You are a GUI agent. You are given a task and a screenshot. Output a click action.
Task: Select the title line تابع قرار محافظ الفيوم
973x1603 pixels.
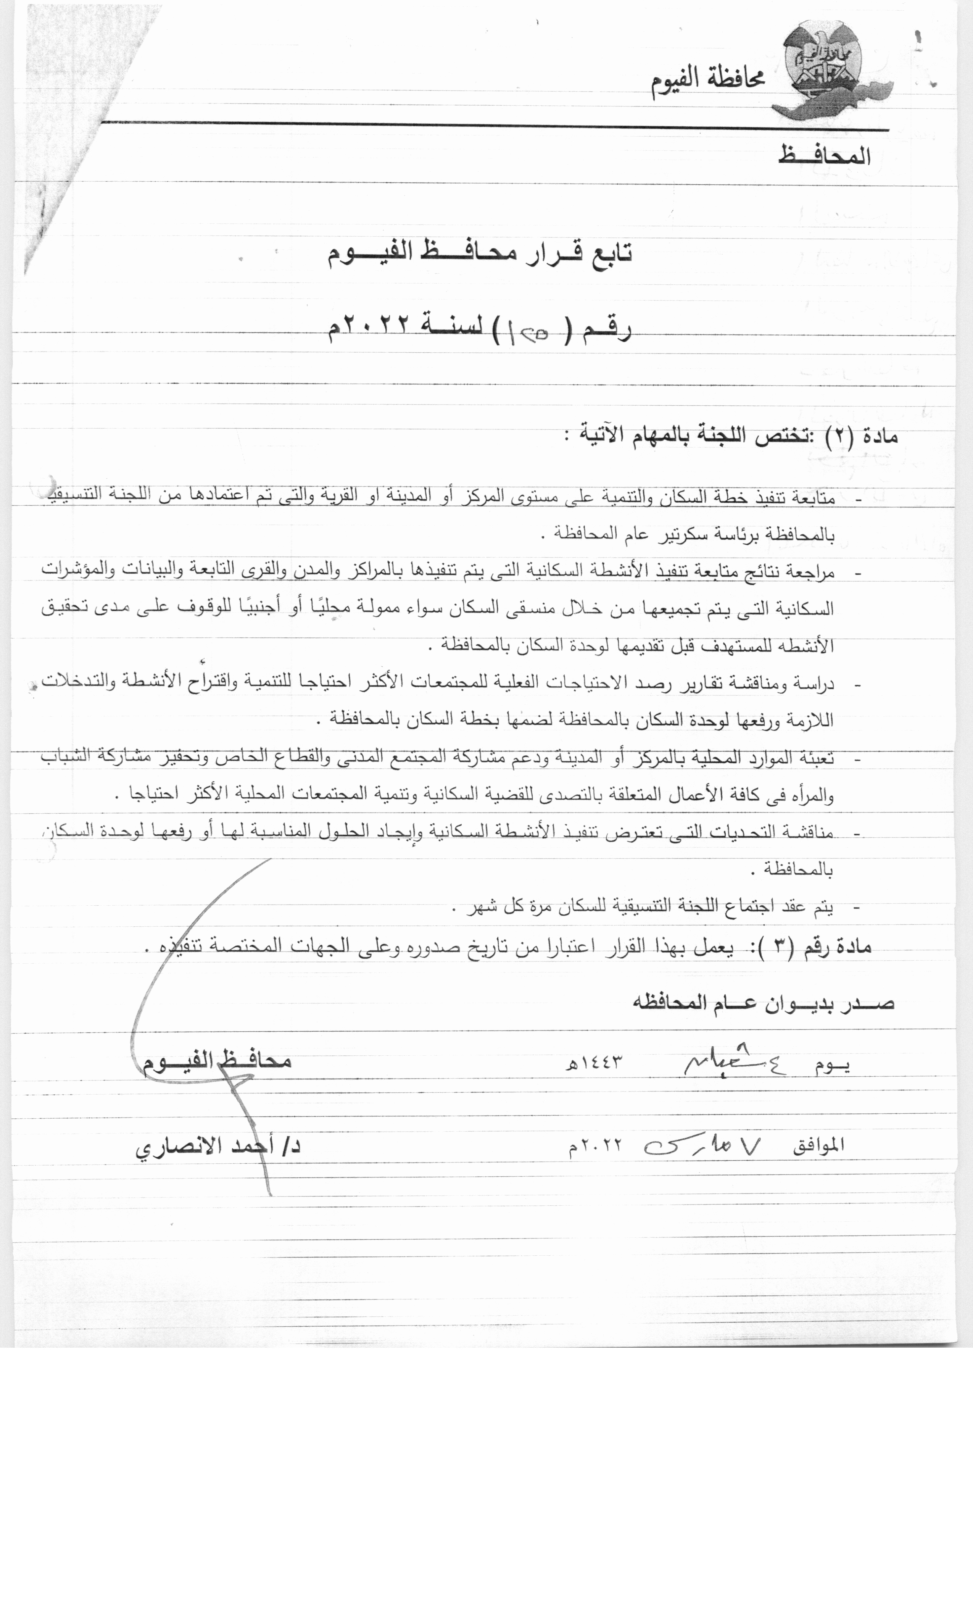(x=480, y=252)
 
